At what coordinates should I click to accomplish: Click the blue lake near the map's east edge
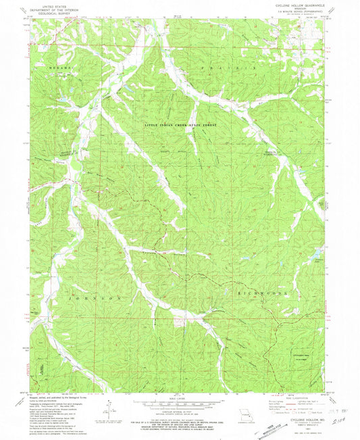[315, 255]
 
